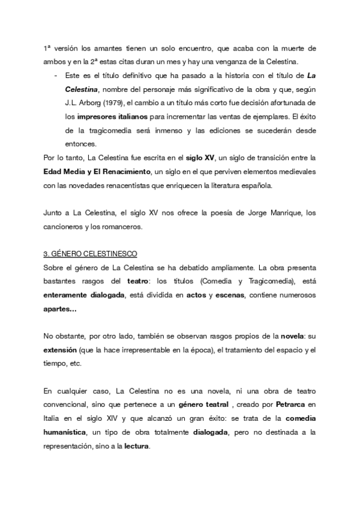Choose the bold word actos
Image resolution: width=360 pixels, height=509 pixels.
point(194,295)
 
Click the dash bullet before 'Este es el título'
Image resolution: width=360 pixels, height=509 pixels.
point(56,75)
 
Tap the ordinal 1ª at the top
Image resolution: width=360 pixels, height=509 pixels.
point(47,48)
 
